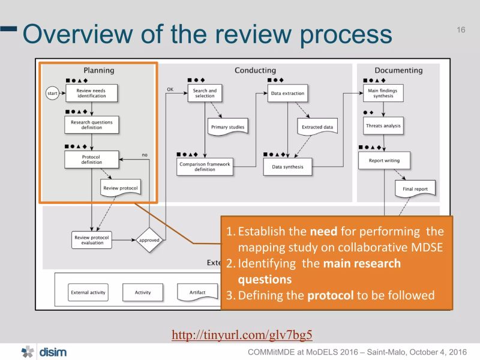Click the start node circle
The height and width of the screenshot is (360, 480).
[x=52, y=93]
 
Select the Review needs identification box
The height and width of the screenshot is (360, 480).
[x=91, y=93]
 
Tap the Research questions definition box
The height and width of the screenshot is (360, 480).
[x=91, y=125]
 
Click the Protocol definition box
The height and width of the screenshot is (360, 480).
[x=91, y=160]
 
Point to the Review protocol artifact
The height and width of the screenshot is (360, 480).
[x=120, y=188]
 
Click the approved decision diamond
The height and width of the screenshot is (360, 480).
[x=149, y=240]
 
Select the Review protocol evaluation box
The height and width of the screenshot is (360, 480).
[x=92, y=239]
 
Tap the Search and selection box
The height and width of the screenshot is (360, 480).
[x=205, y=93]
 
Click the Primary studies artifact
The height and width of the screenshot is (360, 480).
[x=227, y=127]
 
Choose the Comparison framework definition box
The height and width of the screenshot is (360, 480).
[x=205, y=166]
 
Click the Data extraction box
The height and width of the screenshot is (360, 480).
[x=287, y=93]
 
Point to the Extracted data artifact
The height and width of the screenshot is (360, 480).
[x=317, y=127]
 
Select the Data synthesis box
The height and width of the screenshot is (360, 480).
[x=287, y=166]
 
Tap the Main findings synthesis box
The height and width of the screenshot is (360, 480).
[x=382, y=93]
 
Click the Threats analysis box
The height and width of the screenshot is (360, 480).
[x=383, y=126]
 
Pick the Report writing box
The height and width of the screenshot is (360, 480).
[x=383, y=160]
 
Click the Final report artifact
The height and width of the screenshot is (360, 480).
[x=415, y=189]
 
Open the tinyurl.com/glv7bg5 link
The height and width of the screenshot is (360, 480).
[x=242, y=335]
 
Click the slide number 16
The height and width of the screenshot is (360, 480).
[x=461, y=29]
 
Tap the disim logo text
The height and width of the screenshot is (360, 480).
[x=53, y=352]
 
